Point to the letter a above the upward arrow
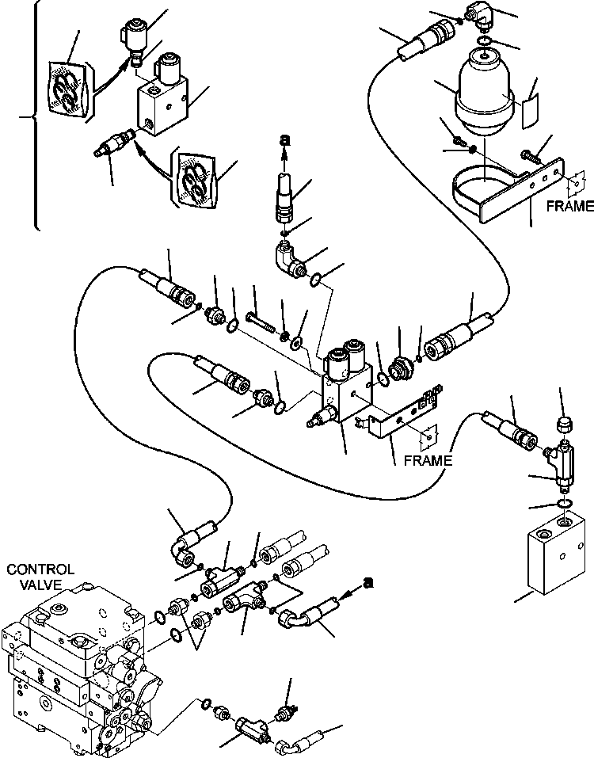pyautogui.click(x=284, y=140)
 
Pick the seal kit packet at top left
pyautogui.click(x=65, y=90)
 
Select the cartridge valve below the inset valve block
pyautogui.click(x=109, y=146)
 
